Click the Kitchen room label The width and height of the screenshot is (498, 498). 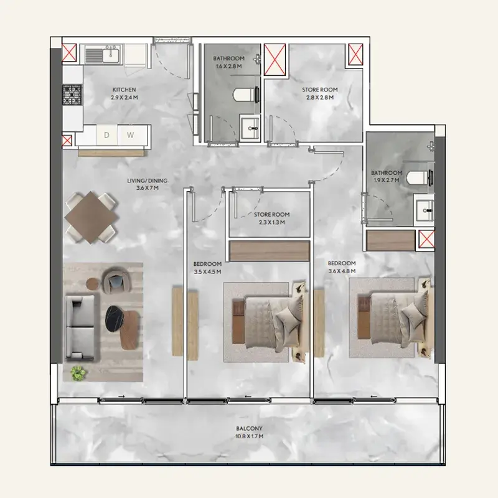click(124, 94)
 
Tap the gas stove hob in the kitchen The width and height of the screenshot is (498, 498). click(72, 95)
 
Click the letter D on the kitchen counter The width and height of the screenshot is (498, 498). click(106, 135)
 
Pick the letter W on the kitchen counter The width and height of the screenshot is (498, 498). click(130, 135)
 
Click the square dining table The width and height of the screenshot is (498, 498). click(91, 217)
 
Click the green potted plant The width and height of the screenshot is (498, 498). click(78, 373)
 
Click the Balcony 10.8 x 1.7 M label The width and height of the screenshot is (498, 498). click(250, 432)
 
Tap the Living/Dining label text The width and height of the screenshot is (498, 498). click(148, 184)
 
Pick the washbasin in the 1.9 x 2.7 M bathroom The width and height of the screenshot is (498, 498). click(425, 210)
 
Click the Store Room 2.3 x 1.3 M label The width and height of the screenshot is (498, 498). click(272, 218)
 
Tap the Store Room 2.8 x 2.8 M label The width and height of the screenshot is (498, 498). click(320, 94)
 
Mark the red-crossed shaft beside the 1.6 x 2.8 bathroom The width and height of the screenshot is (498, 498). click(275, 60)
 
